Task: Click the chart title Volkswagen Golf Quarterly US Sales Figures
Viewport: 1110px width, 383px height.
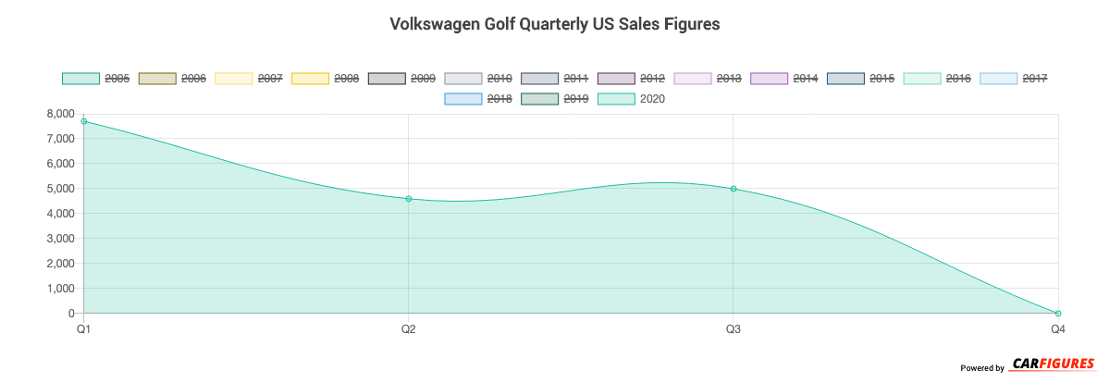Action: coord(554,25)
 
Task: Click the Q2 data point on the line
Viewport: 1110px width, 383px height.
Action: coord(408,199)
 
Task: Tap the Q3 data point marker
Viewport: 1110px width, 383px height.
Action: coord(733,189)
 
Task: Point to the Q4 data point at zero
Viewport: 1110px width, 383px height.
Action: coord(1057,314)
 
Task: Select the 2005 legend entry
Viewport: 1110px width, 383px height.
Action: coord(97,79)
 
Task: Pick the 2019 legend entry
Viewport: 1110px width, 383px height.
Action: coord(557,98)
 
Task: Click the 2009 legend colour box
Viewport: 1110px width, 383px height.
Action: coord(386,79)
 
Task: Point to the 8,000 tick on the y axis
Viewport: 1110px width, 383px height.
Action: coord(60,114)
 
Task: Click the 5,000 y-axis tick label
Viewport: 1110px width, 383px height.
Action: coord(60,189)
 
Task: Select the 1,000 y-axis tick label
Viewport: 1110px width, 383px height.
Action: coord(60,289)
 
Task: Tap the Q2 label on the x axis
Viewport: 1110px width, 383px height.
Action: coord(408,329)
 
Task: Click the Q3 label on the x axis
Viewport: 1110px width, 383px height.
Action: coord(733,329)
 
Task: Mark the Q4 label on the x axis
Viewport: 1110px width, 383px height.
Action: coord(1057,329)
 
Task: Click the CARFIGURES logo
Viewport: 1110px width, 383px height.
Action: coord(1053,364)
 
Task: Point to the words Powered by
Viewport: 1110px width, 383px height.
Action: coord(981,368)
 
